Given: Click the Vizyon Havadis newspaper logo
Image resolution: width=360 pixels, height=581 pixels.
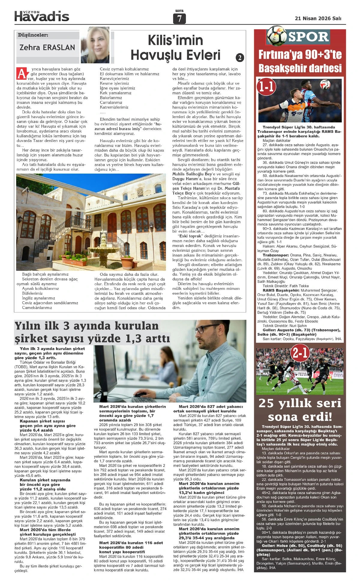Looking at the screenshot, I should click(x=42, y=16).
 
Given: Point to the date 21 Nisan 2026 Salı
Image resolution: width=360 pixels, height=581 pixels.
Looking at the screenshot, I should click(x=318, y=18).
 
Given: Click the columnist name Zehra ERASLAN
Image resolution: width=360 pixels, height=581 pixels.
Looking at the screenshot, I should click(x=47, y=47).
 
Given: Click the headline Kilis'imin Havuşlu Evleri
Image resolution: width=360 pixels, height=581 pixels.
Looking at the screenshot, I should click(x=175, y=47).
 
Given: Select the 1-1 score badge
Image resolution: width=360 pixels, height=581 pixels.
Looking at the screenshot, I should click(x=266, y=87).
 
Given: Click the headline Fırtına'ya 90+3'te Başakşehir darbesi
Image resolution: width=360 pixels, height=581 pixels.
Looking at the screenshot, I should click(x=300, y=61).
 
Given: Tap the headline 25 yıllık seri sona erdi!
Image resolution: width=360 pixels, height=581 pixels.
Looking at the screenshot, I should click(x=300, y=410).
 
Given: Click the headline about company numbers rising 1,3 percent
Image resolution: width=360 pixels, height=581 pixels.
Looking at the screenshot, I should click(x=92, y=332).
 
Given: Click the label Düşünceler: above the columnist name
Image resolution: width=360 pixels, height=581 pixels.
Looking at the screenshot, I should click(x=33, y=35).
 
